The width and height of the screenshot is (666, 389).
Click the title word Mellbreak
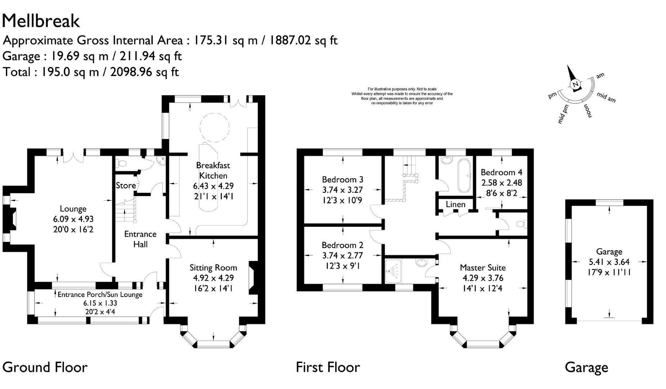(41, 21)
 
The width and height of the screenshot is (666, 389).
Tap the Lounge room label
(73, 209)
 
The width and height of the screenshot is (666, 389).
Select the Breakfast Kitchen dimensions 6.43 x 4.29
(213, 186)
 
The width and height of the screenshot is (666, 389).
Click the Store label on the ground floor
(126, 185)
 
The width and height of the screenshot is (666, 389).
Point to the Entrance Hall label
(140, 239)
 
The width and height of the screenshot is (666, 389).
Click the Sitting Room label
(213, 268)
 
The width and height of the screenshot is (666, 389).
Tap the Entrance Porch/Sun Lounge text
(100, 294)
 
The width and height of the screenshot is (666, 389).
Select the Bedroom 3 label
(342, 179)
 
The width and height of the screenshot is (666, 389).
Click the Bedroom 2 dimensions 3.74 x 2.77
(342, 255)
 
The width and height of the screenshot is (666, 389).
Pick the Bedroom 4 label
(501, 172)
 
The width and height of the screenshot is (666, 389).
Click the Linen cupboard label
(456, 205)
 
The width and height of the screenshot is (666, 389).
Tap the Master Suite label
(483, 268)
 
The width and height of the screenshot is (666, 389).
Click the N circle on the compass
(576, 85)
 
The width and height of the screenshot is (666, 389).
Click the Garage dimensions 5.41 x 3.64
(609, 262)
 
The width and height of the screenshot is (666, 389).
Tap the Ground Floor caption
(45, 367)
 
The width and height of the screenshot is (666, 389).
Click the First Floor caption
(328, 367)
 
